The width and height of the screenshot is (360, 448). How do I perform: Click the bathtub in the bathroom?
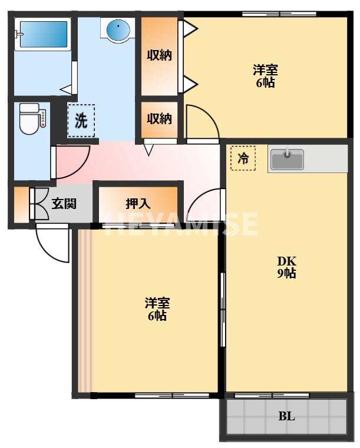[42, 37]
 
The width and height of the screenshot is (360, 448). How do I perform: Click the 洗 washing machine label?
[81, 121]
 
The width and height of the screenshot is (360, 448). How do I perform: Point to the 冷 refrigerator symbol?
[243, 158]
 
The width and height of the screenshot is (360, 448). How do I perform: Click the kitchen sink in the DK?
[287, 159]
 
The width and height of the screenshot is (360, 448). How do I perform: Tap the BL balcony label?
[286, 417]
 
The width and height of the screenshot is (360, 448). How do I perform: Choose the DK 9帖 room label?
[287, 267]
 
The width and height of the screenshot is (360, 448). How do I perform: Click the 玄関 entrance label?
[63, 204]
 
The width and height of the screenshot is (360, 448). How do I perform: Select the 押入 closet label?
[138, 204]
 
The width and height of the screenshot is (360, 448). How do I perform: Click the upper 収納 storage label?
[159, 56]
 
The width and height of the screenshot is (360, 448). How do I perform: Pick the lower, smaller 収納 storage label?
[159, 118]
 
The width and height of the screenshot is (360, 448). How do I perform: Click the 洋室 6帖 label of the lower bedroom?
[157, 309]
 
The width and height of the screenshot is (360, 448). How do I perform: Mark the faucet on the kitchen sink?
[287, 154]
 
